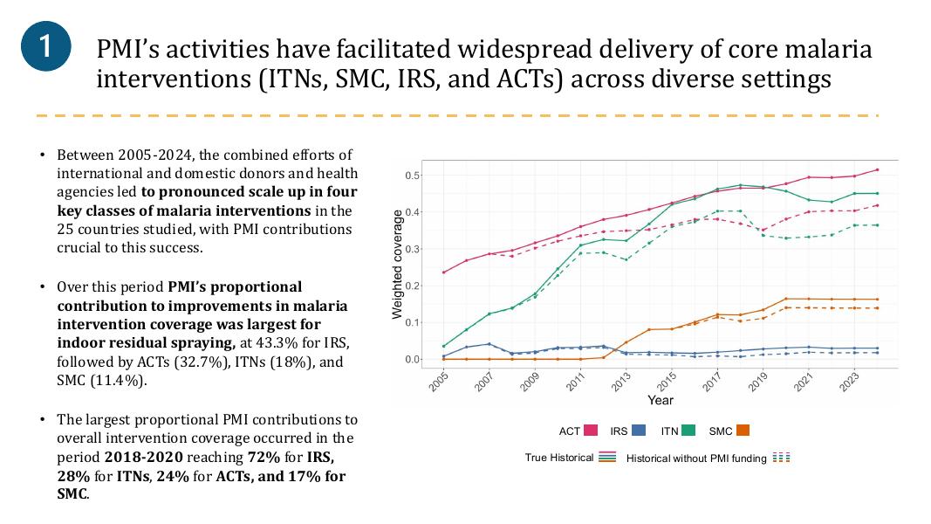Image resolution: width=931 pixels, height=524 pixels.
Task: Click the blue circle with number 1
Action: (45, 46)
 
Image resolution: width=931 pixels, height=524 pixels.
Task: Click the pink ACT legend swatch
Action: (590, 431)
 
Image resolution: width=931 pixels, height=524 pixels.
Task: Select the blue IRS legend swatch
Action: (639, 431)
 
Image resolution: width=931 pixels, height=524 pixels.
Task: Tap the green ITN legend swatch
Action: (688, 431)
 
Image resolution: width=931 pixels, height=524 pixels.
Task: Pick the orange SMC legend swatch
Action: (743, 431)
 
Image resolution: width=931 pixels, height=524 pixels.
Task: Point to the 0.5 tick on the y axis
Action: (412, 176)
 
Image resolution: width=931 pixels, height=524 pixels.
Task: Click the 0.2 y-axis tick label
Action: (412, 286)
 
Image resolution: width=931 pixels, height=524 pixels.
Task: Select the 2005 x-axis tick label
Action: (440, 382)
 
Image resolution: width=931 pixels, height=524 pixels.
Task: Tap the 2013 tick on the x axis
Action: (621, 382)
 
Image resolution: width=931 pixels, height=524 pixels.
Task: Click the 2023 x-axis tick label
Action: (850, 382)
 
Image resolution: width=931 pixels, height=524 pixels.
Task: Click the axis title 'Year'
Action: (661, 400)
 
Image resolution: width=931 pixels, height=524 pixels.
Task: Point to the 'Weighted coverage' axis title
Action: (397, 265)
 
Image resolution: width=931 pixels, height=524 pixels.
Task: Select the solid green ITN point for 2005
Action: (443, 346)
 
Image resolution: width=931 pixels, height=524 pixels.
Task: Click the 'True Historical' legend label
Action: (559, 458)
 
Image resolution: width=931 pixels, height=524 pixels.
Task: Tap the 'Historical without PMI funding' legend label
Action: (696, 458)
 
